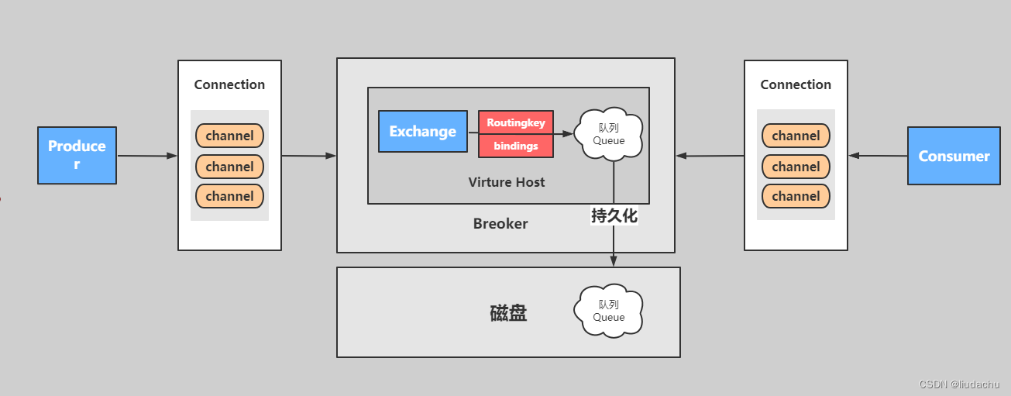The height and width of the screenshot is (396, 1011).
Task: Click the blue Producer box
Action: pos(77,155)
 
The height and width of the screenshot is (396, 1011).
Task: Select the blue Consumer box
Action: pos(954,156)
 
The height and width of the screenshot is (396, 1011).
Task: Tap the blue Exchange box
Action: pos(422,131)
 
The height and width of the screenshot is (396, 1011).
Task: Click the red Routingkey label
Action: pos(516,122)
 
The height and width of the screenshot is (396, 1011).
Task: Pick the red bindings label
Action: pos(516,146)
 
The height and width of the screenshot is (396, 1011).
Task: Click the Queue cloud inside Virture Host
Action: pos(609,134)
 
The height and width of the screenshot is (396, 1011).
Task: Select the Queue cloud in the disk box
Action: pos(609,310)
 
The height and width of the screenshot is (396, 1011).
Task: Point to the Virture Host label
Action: pos(507,182)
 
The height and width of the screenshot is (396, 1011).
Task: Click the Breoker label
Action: pos(500,224)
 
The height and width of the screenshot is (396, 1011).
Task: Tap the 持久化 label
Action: pos(614,216)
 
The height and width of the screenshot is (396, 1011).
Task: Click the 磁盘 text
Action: pos(508,313)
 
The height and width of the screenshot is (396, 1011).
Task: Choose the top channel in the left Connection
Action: pos(229,136)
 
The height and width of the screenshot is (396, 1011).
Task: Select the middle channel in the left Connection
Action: pos(229,167)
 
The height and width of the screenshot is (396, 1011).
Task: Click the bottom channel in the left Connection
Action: pos(229,196)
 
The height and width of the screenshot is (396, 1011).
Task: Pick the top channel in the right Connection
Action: pos(796,136)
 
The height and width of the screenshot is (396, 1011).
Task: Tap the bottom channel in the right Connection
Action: pos(796,196)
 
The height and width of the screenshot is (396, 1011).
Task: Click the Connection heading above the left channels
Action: pos(229,84)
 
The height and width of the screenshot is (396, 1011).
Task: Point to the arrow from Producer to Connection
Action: pos(147,156)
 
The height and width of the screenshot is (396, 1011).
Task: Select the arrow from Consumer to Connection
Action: pos(878,156)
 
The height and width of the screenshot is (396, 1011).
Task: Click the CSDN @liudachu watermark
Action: pos(959,384)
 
